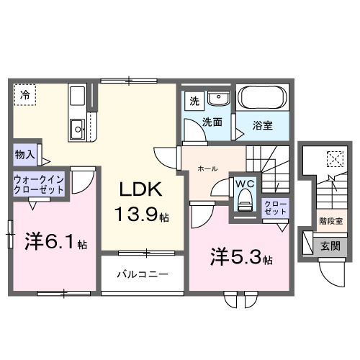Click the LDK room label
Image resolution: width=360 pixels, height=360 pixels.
point(141,191)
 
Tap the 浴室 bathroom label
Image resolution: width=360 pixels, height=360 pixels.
point(262,125)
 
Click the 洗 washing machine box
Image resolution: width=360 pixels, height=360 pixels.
point(194,100)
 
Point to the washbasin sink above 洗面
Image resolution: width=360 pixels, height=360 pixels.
point(217,99)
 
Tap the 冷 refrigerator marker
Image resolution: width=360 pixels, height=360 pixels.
point(25,94)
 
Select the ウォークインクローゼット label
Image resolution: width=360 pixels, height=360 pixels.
point(37,184)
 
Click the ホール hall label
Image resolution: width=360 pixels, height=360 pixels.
point(210,168)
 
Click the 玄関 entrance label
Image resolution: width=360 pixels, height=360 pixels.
point(330,246)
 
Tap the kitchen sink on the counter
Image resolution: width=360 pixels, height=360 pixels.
point(77,130)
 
